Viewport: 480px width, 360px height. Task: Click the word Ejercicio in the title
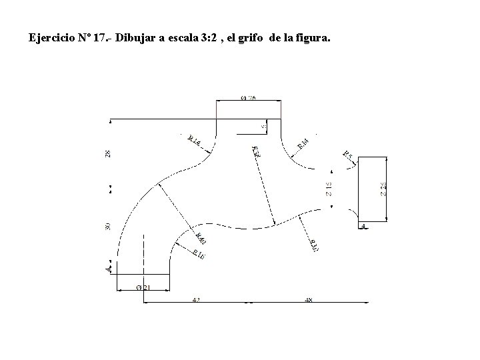click(x=51, y=38)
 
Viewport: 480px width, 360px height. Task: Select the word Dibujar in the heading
click(x=136, y=38)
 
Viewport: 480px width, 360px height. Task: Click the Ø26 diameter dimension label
click(x=247, y=98)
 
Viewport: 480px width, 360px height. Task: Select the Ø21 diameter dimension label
click(x=142, y=287)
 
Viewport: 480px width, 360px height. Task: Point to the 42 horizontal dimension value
click(x=195, y=301)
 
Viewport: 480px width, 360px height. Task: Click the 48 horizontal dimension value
click(x=308, y=301)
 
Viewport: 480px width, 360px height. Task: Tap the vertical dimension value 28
click(x=108, y=153)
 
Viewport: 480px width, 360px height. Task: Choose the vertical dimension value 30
click(x=108, y=227)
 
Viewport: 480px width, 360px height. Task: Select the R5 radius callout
click(x=347, y=155)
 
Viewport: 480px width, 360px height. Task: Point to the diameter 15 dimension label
click(x=329, y=189)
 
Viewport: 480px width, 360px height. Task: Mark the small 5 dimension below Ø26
click(x=263, y=125)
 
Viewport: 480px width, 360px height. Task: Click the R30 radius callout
click(x=314, y=245)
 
